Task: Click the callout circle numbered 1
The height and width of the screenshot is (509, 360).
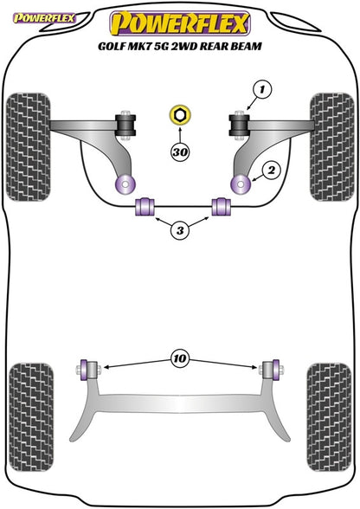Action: pyautogui.click(x=261, y=89)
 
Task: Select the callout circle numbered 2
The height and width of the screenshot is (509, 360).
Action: pyautogui.click(x=272, y=170)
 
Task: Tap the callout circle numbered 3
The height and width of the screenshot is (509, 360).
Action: pyautogui.click(x=180, y=230)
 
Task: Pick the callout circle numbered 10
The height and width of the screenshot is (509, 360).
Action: pyautogui.click(x=180, y=358)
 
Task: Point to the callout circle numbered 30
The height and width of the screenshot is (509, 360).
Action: pyautogui.click(x=180, y=151)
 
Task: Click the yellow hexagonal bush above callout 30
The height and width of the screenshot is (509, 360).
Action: pyautogui.click(x=180, y=115)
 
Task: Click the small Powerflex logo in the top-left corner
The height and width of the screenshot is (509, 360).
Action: pyautogui.click(x=44, y=18)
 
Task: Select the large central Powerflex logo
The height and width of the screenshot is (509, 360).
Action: pyautogui.click(x=180, y=23)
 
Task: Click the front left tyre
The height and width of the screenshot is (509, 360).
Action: pyautogui.click(x=29, y=147)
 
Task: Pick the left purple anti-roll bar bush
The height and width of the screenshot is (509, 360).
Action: pyautogui.click(x=145, y=206)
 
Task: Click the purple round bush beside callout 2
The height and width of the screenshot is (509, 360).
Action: pyautogui.click(x=241, y=184)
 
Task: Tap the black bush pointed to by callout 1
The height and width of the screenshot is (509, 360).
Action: pyautogui.click(x=239, y=126)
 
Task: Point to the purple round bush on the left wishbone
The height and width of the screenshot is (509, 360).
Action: pyautogui.click(x=125, y=184)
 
